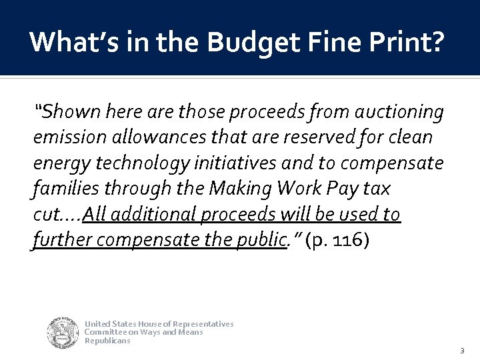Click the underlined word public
click(260, 239)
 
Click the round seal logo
click(63, 333)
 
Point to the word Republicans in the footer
click(107, 341)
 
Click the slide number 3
click(462, 351)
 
